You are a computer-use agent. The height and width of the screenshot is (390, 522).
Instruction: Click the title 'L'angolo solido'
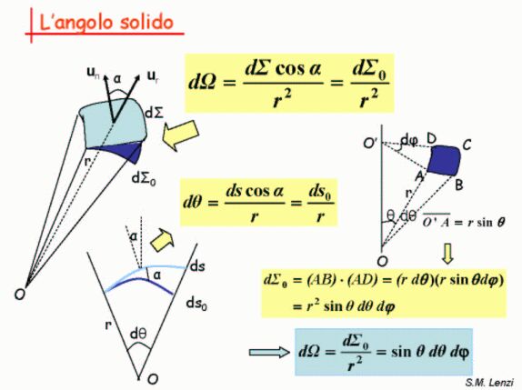[106, 23]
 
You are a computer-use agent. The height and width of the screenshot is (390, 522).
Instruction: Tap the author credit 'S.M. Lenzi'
[489, 383]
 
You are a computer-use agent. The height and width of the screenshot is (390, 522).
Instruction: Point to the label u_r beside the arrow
[153, 77]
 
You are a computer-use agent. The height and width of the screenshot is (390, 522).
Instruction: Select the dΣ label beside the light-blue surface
[155, 113]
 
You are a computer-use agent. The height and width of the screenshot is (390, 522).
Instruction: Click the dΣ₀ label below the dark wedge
[144, 179]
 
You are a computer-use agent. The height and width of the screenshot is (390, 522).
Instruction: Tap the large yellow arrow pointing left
[180, 135]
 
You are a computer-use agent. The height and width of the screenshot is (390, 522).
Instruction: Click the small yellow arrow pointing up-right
[163, 240]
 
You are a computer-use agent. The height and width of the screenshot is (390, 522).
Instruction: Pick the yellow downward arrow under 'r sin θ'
[447, 254]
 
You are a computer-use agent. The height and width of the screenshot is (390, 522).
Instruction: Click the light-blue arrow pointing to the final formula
[270, 353]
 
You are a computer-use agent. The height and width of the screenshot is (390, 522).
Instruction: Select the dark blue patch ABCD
[444, 160]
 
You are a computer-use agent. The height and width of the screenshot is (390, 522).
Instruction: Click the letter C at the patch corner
[467, 145]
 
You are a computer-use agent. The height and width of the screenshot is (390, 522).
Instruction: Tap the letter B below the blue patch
[458, 185]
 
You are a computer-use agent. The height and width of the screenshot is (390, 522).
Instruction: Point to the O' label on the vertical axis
[370, 144]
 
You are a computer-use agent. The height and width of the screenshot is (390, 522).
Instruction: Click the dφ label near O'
[409, 140]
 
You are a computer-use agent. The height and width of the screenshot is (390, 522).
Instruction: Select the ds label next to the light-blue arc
[197, 266]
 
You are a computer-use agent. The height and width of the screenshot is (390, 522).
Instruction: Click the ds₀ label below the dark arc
[196, 304]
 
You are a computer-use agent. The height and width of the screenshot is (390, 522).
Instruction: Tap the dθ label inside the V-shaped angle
[138, 334]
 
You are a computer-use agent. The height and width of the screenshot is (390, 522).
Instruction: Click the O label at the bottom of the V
[153, 379]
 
